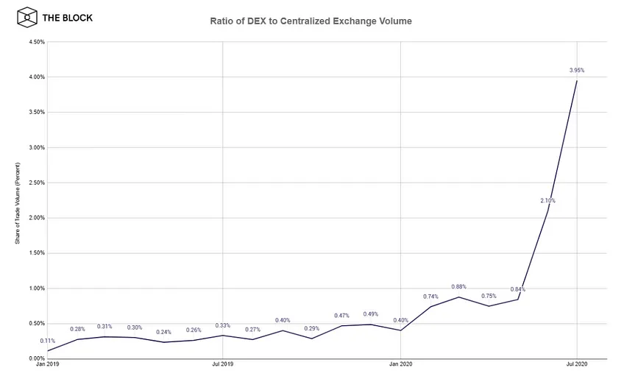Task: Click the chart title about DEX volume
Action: click(x=311, y=21)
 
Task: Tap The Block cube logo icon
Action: click(x=27, y=18)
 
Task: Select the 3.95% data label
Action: click(x=577, y=70)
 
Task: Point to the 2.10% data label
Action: click(x=547, y=200)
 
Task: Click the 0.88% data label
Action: click(x=458, y=286)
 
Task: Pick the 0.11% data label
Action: click(x=47, y=341)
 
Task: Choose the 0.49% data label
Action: click(x=371, y=314)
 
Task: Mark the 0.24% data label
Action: click(x=163, y=332)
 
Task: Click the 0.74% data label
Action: click(x=430, y=297)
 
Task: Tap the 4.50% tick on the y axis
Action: click(x=37, y=42)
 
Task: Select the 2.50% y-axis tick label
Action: click(x=37, y=183)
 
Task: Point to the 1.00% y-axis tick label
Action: click(x=37, y=288)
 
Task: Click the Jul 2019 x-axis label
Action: click(x=222, y=364)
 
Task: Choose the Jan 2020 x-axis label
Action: click(x=401, y=364)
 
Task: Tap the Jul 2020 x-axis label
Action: click(x=577, y=364)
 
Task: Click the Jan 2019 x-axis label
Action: click(x=47, y=364)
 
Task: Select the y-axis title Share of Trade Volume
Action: click(x=18, y=203)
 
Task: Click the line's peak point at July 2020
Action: click(x=577, y=81)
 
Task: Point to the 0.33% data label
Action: click(x=222, y=325)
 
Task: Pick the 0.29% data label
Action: click(x=311, y=328)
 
